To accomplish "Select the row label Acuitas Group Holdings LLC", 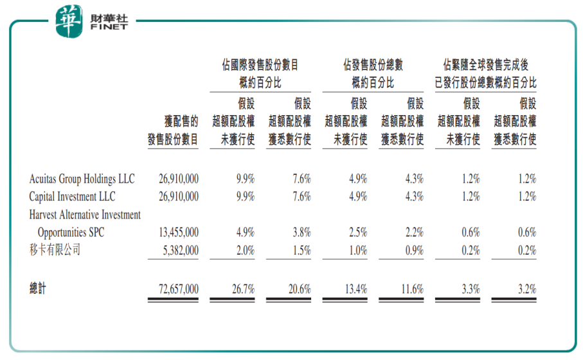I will click(x=82, y=179).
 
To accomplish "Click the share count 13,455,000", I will click(x=178, y=233).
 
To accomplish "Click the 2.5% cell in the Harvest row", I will click(x=358, y=233).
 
